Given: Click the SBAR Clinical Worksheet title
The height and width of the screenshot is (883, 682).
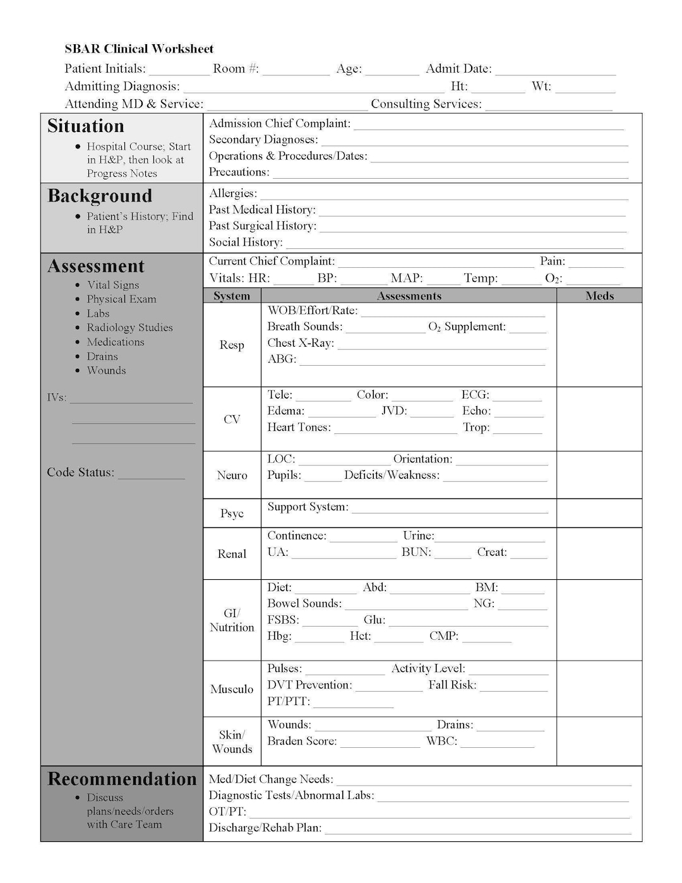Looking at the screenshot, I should (139, 49).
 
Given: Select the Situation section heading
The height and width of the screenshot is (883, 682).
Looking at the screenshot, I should (85, 126).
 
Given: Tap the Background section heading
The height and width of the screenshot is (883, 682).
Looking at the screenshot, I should (100, 196).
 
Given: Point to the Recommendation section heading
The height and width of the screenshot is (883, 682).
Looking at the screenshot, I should (122, 779).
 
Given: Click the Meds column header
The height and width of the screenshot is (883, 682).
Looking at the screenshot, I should (599, 296).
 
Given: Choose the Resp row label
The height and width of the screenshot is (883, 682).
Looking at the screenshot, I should (232, 345).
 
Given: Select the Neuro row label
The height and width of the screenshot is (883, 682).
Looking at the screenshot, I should (232, 475).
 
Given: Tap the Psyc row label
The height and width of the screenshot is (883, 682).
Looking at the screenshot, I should (232, 514).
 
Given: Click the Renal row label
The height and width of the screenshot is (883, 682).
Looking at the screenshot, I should (232, 554).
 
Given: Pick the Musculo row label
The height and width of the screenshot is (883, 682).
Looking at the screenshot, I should (232, 689).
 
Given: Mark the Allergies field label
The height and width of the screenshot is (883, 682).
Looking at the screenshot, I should (232, 193).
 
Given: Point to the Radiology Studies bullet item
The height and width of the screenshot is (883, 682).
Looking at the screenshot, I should (129, 327).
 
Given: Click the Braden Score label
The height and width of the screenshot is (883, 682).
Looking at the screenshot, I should (302, 741).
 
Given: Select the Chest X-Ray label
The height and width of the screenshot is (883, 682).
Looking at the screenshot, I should (301, 343).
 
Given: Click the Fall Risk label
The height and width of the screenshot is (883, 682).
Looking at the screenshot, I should (452, 685).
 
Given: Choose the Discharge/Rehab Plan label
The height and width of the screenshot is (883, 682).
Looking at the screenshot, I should (265, 827).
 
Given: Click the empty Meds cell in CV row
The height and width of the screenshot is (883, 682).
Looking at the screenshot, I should (599, 419).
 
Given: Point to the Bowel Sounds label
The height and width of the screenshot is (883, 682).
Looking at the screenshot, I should (304, 603).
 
